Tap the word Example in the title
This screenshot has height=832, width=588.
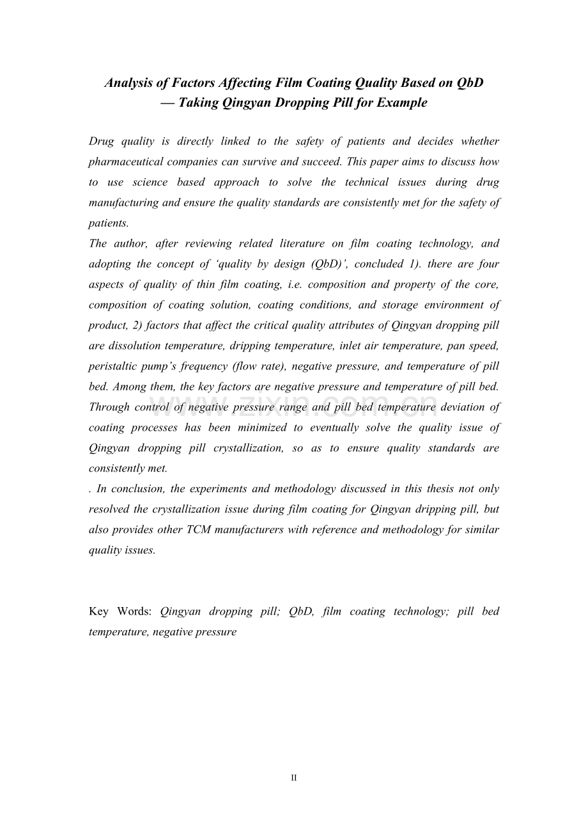(x=402, y=103)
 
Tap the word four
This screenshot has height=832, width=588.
(x=489, y=264)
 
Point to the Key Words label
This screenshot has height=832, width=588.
(x=120, y=612)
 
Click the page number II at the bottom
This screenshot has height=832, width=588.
(x=294, y=778)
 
